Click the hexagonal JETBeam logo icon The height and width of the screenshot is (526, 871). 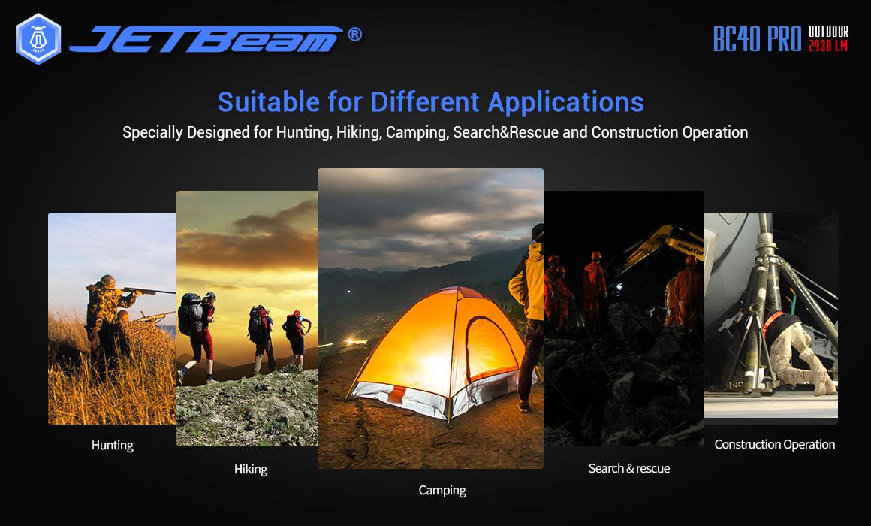38,39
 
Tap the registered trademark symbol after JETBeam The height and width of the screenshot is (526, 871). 354,35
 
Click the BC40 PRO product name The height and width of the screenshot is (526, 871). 757,38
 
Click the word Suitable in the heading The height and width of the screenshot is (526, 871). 268,101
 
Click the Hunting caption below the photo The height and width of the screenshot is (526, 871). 112,446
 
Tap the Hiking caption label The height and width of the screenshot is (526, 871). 251,470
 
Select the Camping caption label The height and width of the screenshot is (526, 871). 442,491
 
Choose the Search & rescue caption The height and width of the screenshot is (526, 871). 628,469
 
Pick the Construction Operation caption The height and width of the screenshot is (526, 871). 774,445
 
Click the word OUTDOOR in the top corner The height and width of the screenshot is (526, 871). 828,32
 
